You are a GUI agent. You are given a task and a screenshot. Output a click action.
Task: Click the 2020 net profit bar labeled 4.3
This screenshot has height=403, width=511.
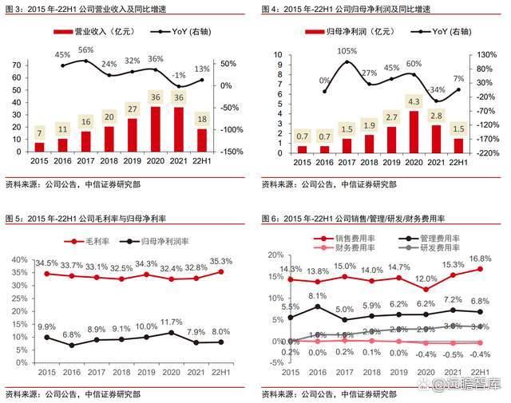point(414,131)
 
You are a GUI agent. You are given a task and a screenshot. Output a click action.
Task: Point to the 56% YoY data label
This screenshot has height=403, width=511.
point(85,50)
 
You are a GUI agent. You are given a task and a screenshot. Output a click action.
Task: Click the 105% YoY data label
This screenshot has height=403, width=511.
point(347,51)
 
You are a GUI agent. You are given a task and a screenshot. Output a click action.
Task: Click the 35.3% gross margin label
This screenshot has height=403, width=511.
point(220,261)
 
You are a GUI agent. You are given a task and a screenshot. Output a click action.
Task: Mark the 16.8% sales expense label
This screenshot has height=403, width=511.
point(479,259)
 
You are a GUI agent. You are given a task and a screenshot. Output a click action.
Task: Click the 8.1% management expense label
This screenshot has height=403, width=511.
point(317,296)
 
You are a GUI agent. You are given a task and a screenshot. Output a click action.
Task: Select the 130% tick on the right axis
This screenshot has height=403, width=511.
point(489,55)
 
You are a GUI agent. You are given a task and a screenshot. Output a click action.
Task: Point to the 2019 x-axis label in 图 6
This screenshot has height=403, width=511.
point(399,373)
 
